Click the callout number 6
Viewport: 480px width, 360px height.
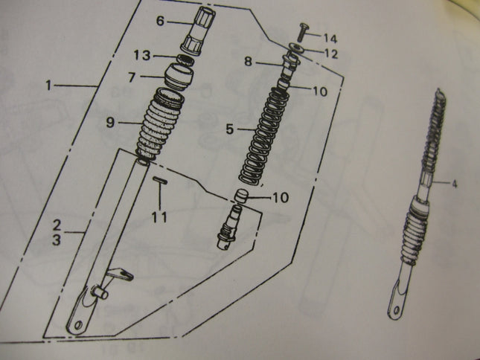click(161, 21)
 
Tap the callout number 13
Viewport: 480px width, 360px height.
click(142, 55)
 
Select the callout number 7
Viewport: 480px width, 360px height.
click(132, 77)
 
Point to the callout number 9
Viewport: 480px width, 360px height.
click(110, 123)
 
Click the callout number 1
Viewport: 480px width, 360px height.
click(48, 85)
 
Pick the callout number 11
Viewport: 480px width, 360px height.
click(160, 217)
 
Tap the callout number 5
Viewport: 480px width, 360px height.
click(230, 129)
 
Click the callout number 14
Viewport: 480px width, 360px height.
click(330, 39)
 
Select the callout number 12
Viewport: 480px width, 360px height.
click(330, 54)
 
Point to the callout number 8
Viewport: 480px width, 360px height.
click(248, 62)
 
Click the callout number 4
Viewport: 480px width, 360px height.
click(454, 184)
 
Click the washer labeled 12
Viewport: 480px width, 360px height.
click(297, 48)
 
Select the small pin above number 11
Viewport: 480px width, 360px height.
click(160, 181)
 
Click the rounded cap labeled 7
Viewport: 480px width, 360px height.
click(179, 77)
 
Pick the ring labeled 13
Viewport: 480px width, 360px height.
click(186, 60)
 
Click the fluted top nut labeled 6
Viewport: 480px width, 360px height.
click(198, 30)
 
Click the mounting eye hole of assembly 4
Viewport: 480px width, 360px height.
click(397, 311)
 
